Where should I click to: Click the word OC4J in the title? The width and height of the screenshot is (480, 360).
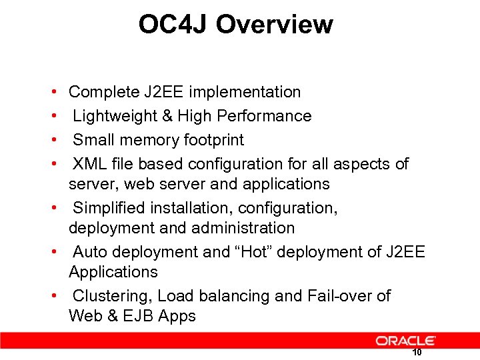pos(173,25)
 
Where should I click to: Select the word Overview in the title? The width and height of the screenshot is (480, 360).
pos(274,25)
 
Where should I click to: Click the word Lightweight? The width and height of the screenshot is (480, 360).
pos(114,116)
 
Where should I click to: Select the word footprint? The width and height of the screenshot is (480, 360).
pos(213,140)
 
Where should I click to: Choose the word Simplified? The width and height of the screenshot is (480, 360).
pos(111,208)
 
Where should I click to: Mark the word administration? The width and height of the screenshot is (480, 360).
pos(243,228)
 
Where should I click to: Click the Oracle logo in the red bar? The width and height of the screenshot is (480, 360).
pos(405,341)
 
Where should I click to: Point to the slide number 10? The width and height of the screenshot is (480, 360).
pos(417,353)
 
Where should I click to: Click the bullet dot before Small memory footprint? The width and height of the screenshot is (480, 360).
pos(53,140)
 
